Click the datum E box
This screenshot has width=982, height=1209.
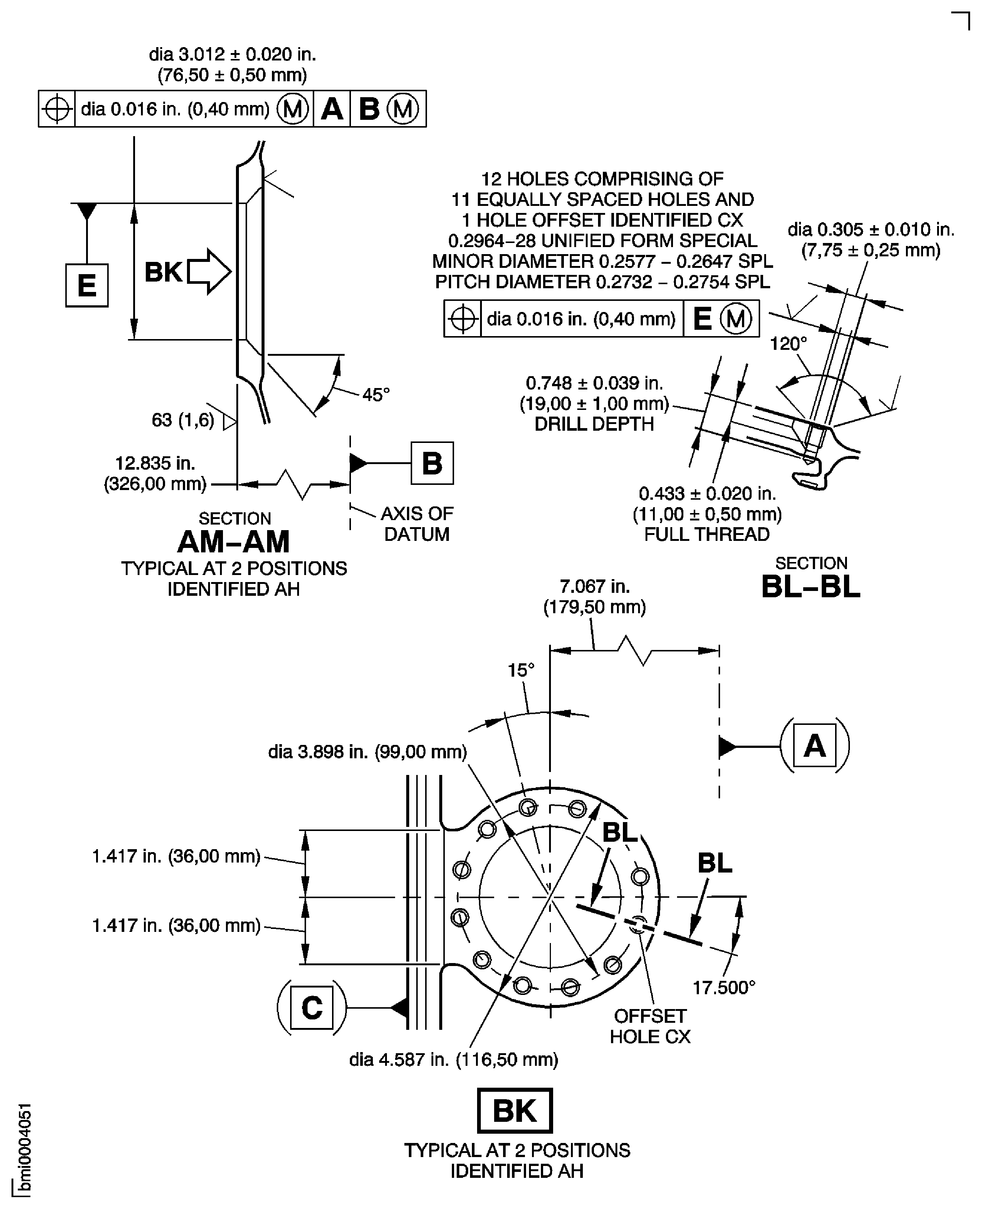(86, 285)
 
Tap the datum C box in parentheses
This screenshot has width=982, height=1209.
(312, 1008)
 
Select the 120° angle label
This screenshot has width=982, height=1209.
(788, 344)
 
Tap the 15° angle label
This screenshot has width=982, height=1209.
(520, 670)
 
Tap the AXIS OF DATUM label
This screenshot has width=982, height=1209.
(417, 523)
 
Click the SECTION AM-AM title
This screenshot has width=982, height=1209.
(234, 535)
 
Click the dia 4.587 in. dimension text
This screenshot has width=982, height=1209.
(454, 1059)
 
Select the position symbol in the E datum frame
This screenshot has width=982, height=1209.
(463, 319)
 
